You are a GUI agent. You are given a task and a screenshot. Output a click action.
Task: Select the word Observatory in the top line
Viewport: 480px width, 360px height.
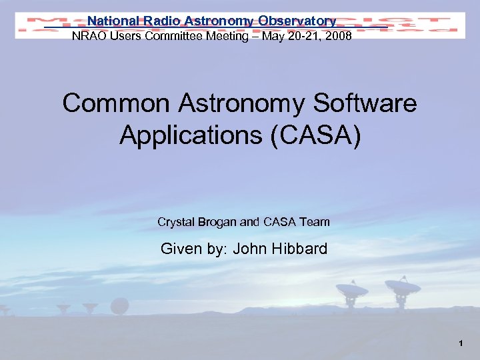pos(296,21)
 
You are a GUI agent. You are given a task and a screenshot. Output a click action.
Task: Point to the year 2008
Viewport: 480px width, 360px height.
pos(337,36)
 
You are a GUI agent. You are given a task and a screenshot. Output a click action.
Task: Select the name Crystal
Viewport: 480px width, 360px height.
pos(176,221)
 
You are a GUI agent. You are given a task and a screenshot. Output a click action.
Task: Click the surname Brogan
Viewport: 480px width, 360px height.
pos(218,221)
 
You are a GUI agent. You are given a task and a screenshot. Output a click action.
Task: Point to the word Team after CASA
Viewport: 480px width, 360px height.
pos(315,221)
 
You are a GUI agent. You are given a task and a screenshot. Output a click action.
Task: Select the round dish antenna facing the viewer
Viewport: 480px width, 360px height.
pos(119,306)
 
